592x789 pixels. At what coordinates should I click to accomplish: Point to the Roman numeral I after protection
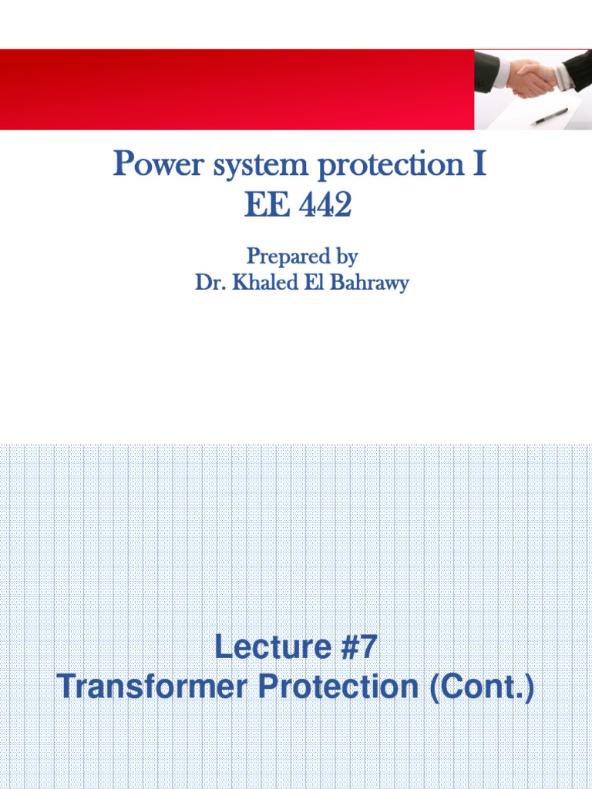click(x=480, y=165)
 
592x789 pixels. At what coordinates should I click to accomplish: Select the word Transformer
click(x=153, y=687)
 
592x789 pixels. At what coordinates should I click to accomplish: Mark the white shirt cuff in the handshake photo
click(x=502, y=73)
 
